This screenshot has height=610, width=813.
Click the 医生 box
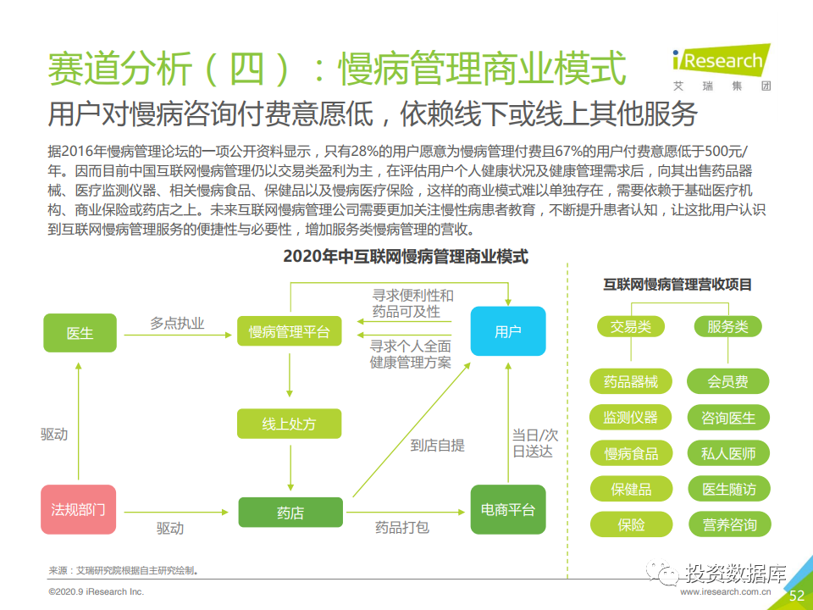(x=80, y=333)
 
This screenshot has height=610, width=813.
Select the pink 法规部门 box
(x=78, y=509)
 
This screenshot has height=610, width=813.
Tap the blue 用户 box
(x=508, y=331)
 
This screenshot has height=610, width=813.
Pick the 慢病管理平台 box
(x=290, y=331)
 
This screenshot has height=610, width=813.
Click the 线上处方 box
(x=290, y=424)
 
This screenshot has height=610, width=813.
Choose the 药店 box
(x=290, y=513)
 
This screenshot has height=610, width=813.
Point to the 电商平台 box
(x=508, y=509)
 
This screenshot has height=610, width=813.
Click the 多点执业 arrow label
(x=177, y=323)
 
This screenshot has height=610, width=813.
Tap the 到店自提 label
(x=437, y=445)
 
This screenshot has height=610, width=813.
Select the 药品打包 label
(x=401, y=528)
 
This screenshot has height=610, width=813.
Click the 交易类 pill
(x=630, y=326)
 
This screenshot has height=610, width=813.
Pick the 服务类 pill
(x=728, y=326)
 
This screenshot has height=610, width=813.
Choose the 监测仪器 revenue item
(x=630, y=417)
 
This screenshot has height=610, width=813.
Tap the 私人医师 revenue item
(x=728, y=453)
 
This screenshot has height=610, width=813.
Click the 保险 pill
(x=631, y=524)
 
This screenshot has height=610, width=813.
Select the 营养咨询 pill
(x=729, y=524)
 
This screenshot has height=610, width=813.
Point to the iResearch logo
(x=722, y=68)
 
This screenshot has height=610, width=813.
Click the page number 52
(x=796, y=596)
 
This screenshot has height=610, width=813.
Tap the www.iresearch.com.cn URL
(x=726, y=591)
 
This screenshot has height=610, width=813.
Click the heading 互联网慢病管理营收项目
(x=677, y=285)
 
